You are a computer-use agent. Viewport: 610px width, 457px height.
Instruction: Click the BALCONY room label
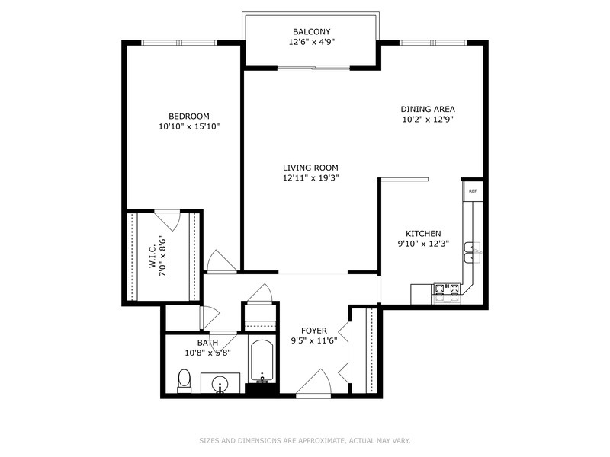[311, 32]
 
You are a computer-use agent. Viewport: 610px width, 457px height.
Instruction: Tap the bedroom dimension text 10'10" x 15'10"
[189, 126]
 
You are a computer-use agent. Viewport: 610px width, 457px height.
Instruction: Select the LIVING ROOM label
[310, 168]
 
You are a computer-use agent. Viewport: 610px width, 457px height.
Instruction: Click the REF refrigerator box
[473, 190]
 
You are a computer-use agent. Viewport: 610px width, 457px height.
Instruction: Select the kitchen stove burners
[448, 289]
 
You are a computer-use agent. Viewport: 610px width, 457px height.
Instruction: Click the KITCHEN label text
[423, 234]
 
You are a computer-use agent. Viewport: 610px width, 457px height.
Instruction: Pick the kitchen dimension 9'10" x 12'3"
[423, 244]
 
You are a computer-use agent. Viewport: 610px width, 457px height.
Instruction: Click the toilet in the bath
[184, 380]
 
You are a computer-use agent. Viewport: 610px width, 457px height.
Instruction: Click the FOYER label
[314, 330]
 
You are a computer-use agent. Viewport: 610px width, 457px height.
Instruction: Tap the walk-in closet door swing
[167, 219]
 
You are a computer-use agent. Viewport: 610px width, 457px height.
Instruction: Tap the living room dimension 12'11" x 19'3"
[310, 178]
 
